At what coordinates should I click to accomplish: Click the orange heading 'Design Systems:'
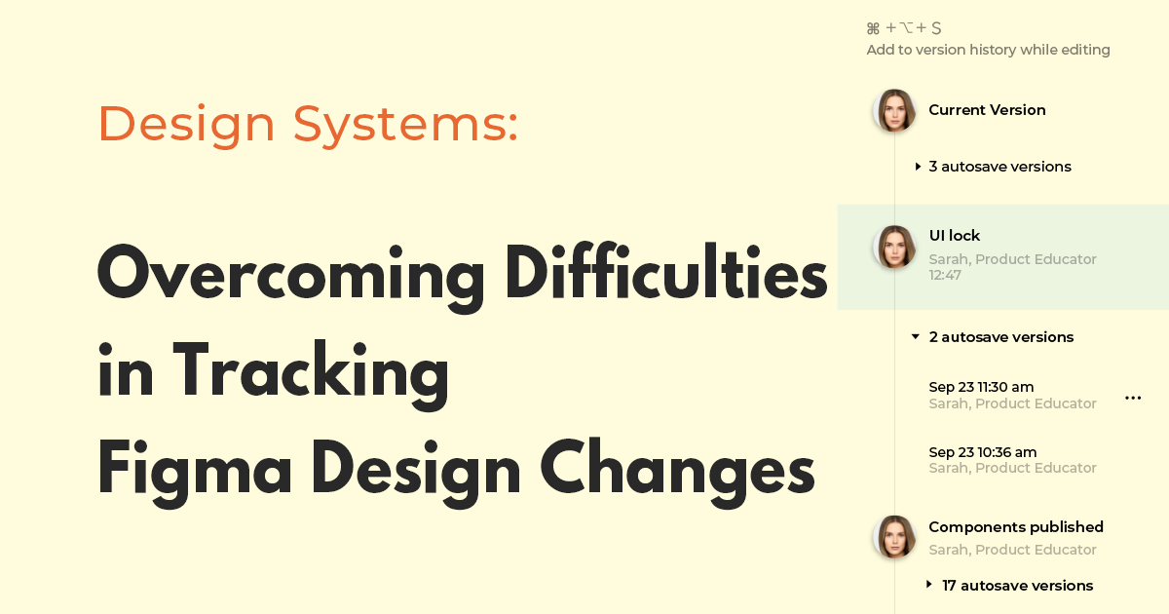[308, 125]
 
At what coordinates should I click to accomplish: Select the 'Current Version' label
[987, 110]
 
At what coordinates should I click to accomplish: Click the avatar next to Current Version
[894, 111]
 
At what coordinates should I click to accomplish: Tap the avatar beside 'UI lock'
[894, 248]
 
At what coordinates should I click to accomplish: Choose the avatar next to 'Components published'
[894, 537]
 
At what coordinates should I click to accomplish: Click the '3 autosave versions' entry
[999, 167]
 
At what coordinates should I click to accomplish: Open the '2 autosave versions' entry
[1000, 337]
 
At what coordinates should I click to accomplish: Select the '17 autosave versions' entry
[1017, 586]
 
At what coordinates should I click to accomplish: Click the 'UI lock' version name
[955, 236]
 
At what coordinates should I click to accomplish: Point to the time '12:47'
[945, 276]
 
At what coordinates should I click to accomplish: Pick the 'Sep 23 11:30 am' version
[981, 388]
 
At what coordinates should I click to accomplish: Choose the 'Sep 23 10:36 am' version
[982, 452]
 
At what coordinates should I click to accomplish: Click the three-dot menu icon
[1133, 398]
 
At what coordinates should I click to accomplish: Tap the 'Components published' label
[1016, 527]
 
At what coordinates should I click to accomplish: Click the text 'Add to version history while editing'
[988, 50]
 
